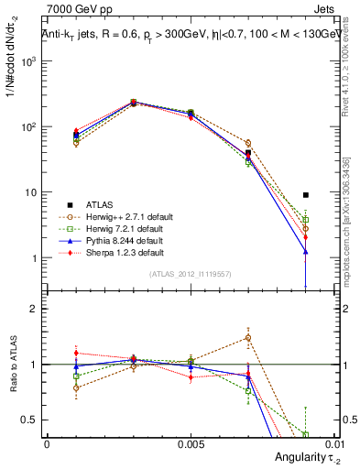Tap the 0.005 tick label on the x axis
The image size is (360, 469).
[190, 442]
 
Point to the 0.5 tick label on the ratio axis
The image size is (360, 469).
[30, 420]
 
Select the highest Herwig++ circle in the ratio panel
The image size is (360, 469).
[248, 337]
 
